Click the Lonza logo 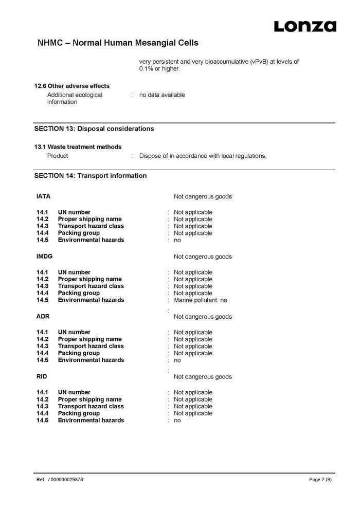(305, 26)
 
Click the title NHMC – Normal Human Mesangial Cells (118, 43)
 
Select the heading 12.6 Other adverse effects (71, 86)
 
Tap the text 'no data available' (162, 95)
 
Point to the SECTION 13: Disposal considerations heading (94, 129)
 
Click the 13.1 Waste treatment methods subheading (78, 147)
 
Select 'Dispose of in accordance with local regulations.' (203, 156)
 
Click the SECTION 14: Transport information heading (91, 176)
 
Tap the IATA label (43, 196)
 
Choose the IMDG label (44, 257)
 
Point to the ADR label (43, 317)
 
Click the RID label (42, 377)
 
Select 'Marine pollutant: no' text (201, 300)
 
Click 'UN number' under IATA (74, 212)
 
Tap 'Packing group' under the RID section (79, 413)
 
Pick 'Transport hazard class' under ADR (91, 347)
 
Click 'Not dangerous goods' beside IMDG (203, 257)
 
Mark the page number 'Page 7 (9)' (320, 480)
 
